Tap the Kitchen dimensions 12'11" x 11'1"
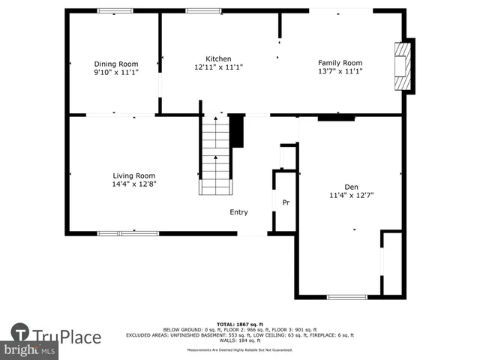coord(218,67)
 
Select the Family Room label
coord(340,63)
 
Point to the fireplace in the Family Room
coord(403,65)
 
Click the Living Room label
coord(134,175)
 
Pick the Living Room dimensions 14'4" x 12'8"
coord(134,184)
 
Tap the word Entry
coord(238,212)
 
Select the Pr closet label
coord(286,202)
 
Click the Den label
coord(351,187)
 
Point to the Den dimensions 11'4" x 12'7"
coord(351,195)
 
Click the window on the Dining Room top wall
coord(115,11)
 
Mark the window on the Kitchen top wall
coord(198,11)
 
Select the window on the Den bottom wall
coord(346,297)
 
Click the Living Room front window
coord(128,233)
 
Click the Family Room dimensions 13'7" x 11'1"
coord(340,72)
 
